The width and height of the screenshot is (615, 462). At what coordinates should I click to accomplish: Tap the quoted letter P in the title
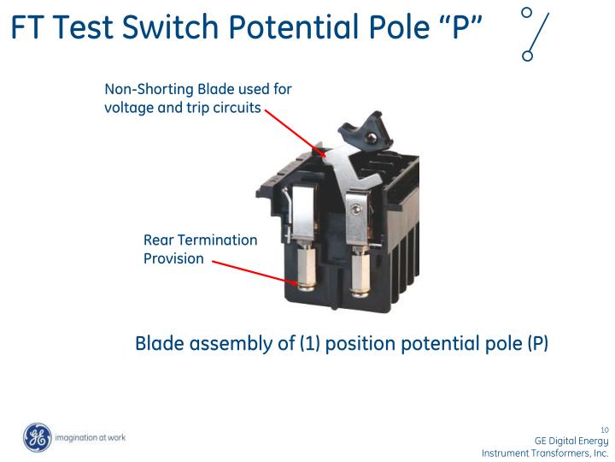(x=461, y=28)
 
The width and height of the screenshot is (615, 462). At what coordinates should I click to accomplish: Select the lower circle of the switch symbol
(x=527, y=56)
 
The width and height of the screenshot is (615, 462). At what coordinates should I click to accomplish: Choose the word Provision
(x=173, y=258)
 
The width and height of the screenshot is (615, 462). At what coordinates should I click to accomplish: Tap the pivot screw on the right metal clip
(x=356, y=208)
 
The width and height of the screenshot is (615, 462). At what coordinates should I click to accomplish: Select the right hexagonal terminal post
(x=360, y=272)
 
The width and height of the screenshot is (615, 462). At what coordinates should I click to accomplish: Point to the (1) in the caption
(x=308, y=344)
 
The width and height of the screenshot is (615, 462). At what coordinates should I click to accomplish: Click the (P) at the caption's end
(x=537, y=344)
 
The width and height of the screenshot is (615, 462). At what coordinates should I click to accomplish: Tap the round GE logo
(x=37, y=437)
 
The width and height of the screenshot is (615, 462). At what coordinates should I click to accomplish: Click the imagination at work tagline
(x=90, y=437)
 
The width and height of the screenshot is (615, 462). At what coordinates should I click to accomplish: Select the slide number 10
(x=604, y=429)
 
